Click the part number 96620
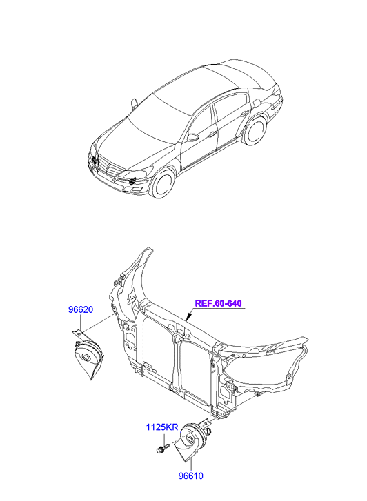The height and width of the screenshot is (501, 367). tap(81, 309)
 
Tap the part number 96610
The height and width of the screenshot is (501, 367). tap(190, 476)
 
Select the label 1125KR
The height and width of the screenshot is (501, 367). tap(162, 427)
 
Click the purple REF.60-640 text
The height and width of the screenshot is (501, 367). tap(218, 303)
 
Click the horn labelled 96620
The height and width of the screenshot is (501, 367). tap(87, 355)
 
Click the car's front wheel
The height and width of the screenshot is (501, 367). tap(163, 184)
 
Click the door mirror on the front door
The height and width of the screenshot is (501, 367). tap(193, 137)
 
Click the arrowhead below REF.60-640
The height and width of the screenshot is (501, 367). tap(188, 317)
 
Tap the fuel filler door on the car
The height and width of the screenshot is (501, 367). tap(257, 103)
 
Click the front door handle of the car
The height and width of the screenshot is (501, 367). tap(212, 134)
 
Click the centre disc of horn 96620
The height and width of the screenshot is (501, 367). tap(86, 357)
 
